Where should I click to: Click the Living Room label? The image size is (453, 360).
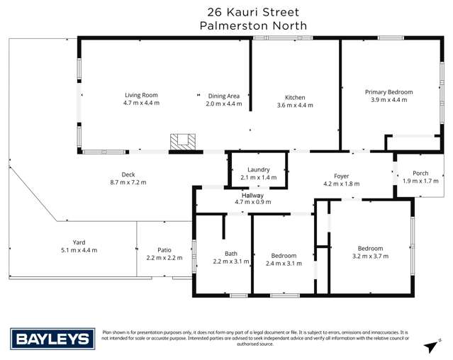click(141, 95)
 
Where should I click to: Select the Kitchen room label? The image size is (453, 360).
click(295, 96)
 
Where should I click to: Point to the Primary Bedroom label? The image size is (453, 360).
click(388, 92)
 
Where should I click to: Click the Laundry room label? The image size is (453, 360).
click(258, 169)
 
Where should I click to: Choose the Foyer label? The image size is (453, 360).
click(342, 175)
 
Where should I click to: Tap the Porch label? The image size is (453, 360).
click(421, 173)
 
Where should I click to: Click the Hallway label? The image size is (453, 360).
click(253, 195)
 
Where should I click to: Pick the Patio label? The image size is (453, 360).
click(164, 249)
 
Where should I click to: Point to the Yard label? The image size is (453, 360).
click(79, 242)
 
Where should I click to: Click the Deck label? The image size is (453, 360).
click(128, 174)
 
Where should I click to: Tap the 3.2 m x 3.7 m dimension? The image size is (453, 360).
click(370, 257)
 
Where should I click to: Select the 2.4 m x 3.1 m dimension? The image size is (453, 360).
click(284, 264)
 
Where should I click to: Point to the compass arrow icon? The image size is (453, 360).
click(429, 345)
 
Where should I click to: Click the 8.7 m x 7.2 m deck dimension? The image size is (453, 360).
click(128, 182)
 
